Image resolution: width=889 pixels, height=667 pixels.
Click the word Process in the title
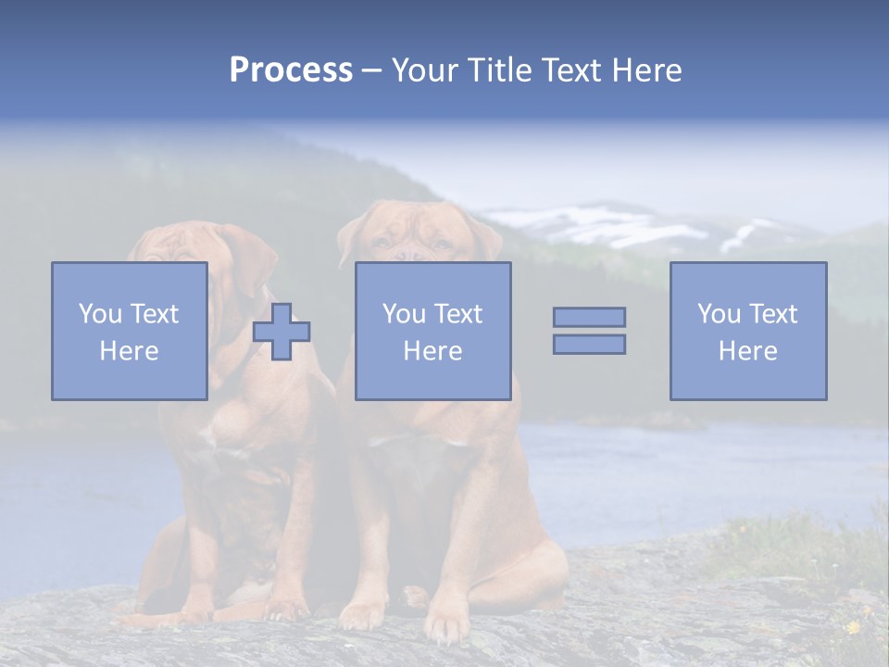(x=291, y=70)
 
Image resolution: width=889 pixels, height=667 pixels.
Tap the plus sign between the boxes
(x=282, y=332)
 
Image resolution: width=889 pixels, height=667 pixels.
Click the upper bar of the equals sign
(x=589, y=317)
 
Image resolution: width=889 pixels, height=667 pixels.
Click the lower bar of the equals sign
(x=589, y=344)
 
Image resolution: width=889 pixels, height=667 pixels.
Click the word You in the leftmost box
(x=100, y=314)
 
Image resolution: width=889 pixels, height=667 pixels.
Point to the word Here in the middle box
(x=432, y=351)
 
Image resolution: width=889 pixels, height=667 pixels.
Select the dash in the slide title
(x=372, y=70)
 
